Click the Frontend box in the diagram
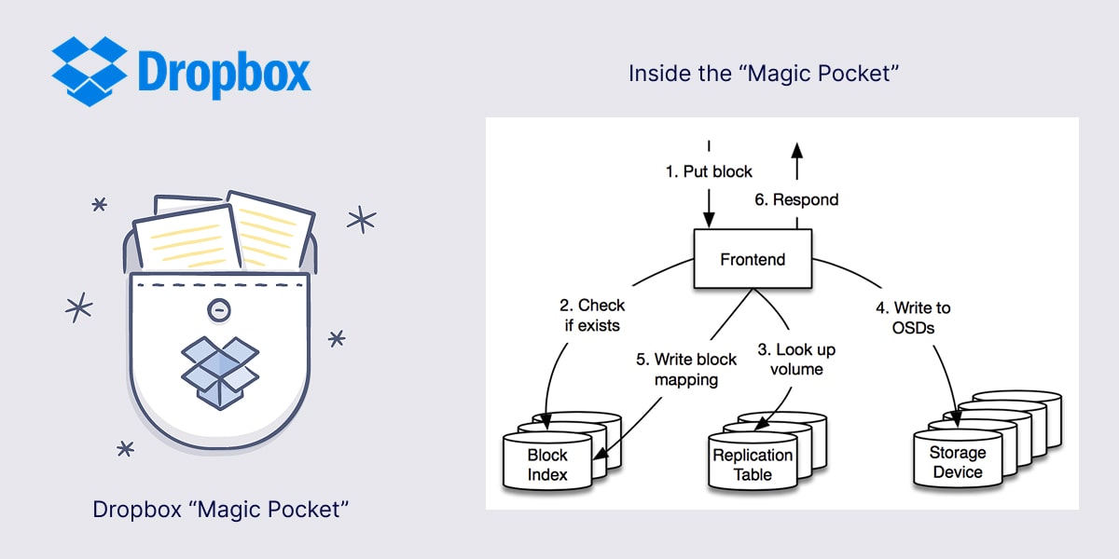pyautogui.click(x=753, y=259)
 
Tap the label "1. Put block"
pyautogui.click(x=709, y=171)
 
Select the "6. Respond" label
pyautogui.click(x=795, y=199)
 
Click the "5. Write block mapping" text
pyautogui.click(x=685, y=369)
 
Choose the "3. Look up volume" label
pyautogui.click(x=796, y=360)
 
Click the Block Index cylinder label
pyautogui.click(x=547, y=465)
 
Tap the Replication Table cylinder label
pyautogui.click(x=753, y=465)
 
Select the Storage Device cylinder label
pyautogui.click(x=958, y=462)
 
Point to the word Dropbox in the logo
pyautogui.click(x=224, y=72)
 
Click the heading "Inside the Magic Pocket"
pyautogui.click(x=763, y=73)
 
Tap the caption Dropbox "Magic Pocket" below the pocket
pyautogui.click(x=220, y=510)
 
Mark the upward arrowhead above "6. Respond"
pyautogui.click(x=795, y=151)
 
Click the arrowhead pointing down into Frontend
pyautogui.click(x=709, y=221)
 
